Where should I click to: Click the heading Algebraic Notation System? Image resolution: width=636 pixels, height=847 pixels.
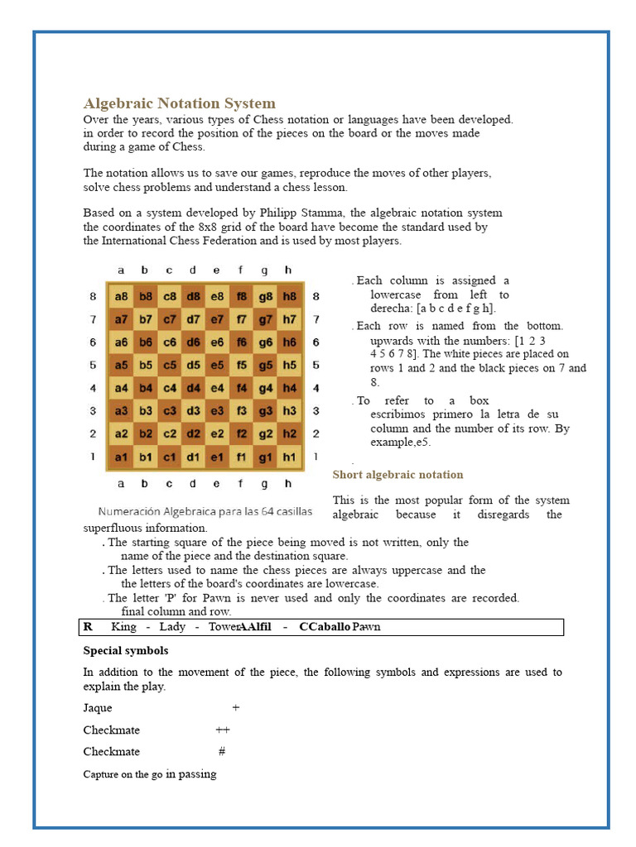click(x=179, y=103)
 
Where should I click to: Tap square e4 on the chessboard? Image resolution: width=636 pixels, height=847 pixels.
click(x=217, y=387)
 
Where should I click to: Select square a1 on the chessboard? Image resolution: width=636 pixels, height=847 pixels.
click(x=122, y=457)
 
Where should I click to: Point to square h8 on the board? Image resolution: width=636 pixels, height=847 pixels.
click(x=289, y=296)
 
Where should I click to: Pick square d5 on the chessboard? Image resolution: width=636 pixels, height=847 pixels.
click(x=193, y=365)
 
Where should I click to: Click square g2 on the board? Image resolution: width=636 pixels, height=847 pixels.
click(x=265, y=433)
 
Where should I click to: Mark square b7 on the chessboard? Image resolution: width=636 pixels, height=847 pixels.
click(x=145, y=319)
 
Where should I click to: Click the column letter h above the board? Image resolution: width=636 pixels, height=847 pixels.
click(x=288, y=270)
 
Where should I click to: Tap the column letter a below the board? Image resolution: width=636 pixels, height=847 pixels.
click(x=122, y=483)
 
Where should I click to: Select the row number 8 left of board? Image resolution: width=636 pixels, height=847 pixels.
click(x=93, y=296)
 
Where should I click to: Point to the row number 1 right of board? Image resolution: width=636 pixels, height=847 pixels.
click(x=316, y=456)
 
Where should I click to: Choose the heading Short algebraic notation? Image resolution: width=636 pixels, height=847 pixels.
click(x=397, y=475)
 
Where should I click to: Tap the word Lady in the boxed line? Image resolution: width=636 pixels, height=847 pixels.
click(x=172, y=627)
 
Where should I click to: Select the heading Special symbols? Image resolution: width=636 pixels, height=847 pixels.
click(x=126, y=651)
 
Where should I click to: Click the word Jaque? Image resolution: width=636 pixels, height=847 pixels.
click(x=98, y=708)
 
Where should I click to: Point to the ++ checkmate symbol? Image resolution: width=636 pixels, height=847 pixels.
click(x=223, y=730)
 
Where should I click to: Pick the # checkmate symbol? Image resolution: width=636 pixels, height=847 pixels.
click(x=222, y=751)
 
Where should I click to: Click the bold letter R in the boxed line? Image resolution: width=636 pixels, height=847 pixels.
click(x=89, y=627)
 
